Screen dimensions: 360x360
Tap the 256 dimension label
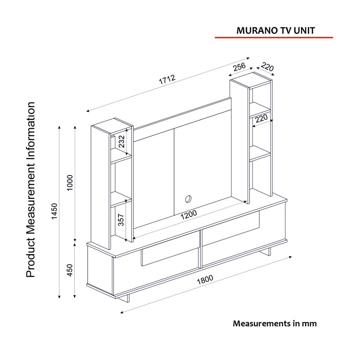coord(238,68)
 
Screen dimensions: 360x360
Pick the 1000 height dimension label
coord(70,182)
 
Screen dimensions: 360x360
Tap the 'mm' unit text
coord(310,324)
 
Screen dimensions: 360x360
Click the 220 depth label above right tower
coord(267,68)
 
